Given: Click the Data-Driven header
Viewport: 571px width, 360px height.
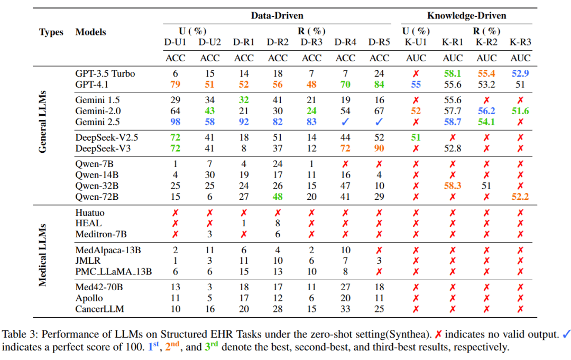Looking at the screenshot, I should click(277, 16).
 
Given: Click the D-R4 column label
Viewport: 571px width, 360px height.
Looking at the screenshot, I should click(346, 42).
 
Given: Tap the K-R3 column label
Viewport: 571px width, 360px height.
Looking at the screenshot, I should click(520, 42).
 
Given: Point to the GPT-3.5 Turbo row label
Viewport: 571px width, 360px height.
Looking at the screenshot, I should click(105, 73).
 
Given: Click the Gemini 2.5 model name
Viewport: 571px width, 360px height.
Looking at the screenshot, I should click(98, 122).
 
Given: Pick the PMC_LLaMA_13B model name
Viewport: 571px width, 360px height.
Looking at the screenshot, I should click(114, 271).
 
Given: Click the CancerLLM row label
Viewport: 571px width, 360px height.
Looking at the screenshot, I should click(97, 309).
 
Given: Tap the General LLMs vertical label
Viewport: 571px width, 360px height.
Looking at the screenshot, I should click(43, 122).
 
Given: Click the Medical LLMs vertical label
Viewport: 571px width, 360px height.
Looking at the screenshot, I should click(43, 254).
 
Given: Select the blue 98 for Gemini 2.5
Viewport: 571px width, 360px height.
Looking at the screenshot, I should click(176, 122).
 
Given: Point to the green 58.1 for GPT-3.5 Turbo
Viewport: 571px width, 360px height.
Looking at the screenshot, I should click(453, 73).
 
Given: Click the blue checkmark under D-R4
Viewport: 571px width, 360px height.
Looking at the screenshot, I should click(346, 122).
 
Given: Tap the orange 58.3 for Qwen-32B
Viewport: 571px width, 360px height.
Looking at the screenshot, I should click(453, 186).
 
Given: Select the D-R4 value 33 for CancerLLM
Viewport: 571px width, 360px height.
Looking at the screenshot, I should click(346, 309).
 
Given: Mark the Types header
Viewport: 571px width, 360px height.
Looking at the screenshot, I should click(51, 32).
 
